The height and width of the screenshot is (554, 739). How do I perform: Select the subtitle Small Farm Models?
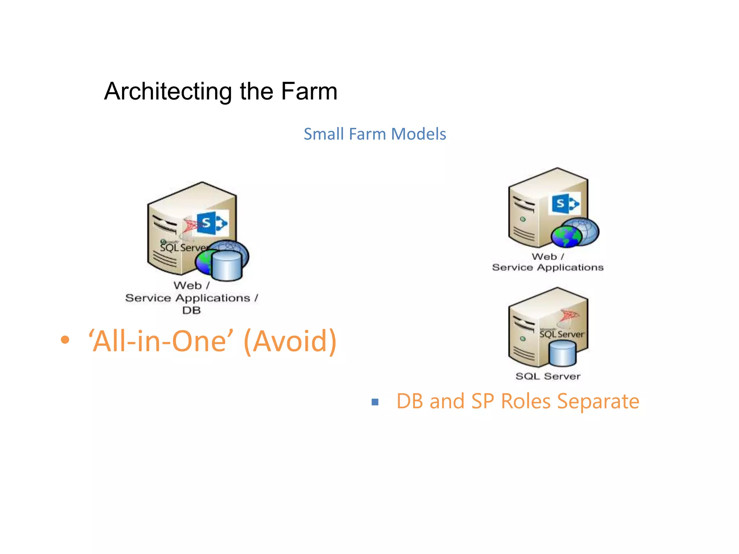[x=375, y=134]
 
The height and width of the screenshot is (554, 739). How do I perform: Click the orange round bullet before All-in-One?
[x=65, y=340]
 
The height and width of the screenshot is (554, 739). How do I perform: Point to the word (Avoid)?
[x=290, y=341]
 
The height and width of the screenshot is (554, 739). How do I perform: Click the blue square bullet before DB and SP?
[x=375, y=402]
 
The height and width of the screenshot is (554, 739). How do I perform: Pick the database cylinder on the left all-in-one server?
[x=227, y=266]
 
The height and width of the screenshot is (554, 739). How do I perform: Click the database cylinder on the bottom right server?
[x=562, y=353]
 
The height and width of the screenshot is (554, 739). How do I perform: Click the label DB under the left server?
[x=191, y=310]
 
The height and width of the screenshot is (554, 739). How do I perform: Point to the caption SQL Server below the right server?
[x=548, y=376]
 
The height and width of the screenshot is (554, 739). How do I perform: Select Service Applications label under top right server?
[x=547, y=268]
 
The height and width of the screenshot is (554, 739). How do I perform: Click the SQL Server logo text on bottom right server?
[x=561, y=334]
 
